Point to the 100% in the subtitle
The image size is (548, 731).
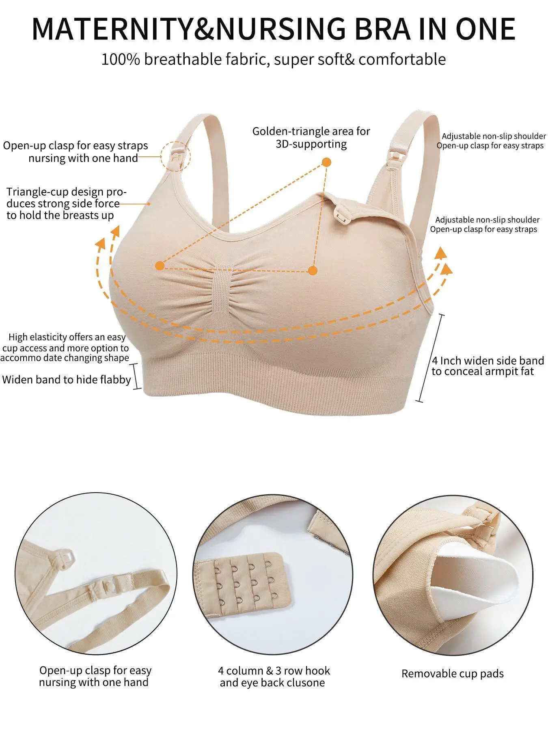point(121,59)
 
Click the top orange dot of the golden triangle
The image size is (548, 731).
point(326,162)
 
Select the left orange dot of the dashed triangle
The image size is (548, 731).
point(160,266)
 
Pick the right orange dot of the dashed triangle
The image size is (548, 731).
point(312,270)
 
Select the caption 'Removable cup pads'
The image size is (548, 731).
point(453,674)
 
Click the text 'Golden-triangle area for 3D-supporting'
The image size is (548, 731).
point(311,138)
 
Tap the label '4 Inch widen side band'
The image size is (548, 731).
point(488,361)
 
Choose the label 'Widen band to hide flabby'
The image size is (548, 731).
point(67,380)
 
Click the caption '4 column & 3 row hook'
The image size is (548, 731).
point(274,670)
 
